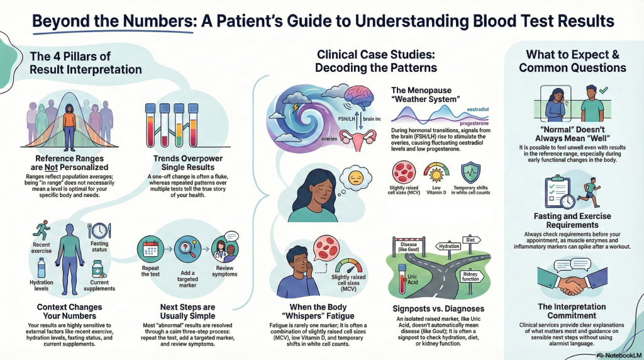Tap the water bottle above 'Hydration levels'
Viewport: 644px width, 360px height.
tap(41, 268)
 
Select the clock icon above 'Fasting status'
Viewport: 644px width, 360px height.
tap(99, 230)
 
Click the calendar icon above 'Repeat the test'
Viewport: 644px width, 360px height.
tap(150, 249)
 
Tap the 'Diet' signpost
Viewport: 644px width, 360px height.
tap(470, 240)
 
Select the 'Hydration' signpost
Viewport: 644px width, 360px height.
tap(448, 246)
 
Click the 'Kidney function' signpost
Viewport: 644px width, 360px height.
tap(470, 276)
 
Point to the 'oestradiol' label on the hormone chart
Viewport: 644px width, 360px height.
tap(478, 110)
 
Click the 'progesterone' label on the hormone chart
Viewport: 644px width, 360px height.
tap(474, 123)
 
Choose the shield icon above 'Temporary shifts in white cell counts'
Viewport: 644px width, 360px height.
tap(470, 172)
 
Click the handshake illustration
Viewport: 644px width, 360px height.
tap(572, 281)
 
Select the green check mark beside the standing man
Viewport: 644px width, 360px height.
tap(603, 89)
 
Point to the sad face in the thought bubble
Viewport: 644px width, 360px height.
tap(355, 177)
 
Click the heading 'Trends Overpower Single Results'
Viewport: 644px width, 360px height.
tap(187, 163)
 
